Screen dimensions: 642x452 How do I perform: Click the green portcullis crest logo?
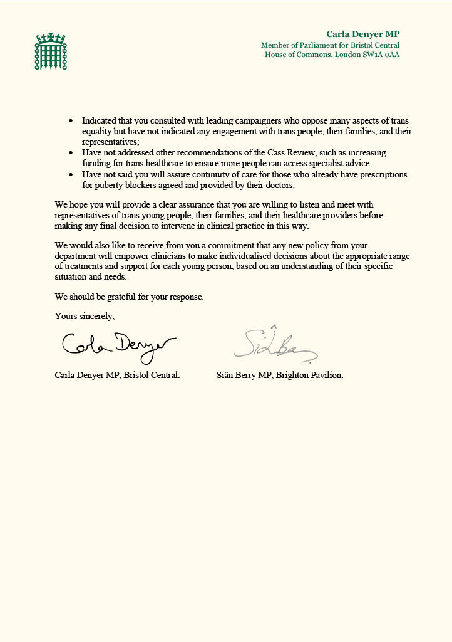pyautogui.click(x=50, y=51)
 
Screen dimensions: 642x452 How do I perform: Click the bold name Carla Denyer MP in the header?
pyautogui.click(x=362, y=34)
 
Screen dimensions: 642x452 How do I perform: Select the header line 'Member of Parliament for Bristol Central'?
pyautogui.click(x=330, y=45)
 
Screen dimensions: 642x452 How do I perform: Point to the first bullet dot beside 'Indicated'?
pyautogui.click(x=70, y=120)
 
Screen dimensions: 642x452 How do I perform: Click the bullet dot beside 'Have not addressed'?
pyautogui.click(x=70, y=153)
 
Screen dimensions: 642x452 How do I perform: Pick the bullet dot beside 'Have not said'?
pyautogui.click(x=70, y=174)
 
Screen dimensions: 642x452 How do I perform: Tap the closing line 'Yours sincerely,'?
pyautogui.click(x=85, y=316)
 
